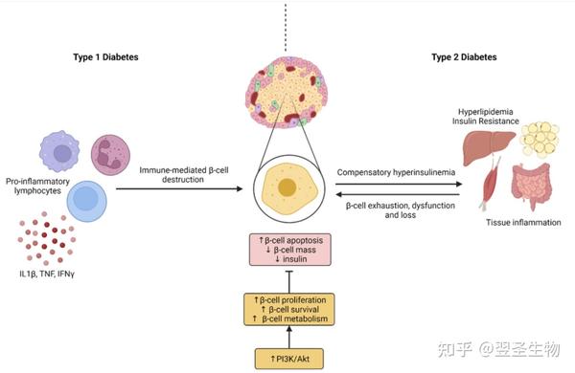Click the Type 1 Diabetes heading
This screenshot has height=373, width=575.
(x=105, y=57)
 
